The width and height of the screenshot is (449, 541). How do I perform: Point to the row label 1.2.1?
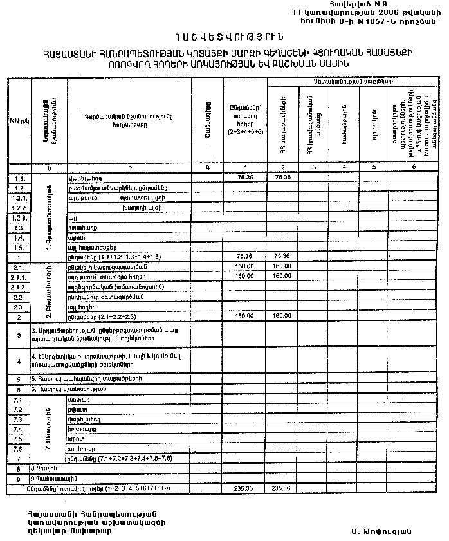pos(19,198)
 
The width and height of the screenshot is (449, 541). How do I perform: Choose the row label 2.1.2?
pos(19,287)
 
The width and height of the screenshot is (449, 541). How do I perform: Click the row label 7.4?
pos(19,429)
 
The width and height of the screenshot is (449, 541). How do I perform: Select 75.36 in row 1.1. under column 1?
pos(245,177)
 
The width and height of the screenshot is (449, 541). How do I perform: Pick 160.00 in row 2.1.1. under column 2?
pos(282,277)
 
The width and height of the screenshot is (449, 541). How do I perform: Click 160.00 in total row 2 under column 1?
pos(245,316)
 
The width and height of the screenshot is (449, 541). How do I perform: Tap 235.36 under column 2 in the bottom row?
pos(282,489)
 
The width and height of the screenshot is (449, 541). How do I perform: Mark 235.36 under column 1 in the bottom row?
pos(245,489)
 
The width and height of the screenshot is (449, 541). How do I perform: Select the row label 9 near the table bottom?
pos(19,479)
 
